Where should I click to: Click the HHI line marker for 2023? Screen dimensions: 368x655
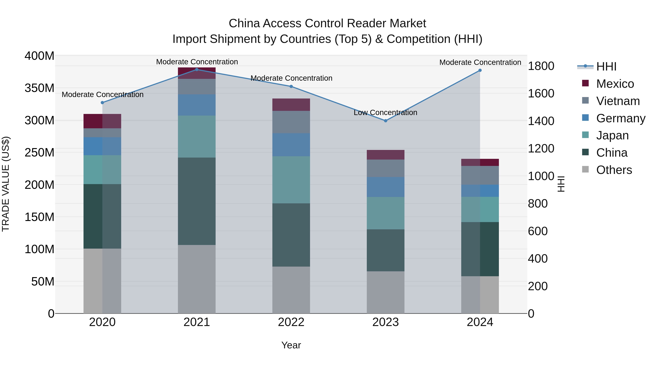click(386, 121)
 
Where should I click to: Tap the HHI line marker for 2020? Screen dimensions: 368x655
click(102, 103)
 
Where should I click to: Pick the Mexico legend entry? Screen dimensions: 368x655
click(615, 84)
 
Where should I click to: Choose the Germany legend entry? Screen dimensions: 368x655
click(620, 118)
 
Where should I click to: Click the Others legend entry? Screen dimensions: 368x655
click(614, 170)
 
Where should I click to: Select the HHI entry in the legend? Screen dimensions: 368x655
click(606, 67)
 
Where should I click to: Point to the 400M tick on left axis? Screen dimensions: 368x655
click(39, 56)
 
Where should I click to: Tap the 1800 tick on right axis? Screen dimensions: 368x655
click(541, 66)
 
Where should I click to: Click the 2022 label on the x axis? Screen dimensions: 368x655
click(291, 322)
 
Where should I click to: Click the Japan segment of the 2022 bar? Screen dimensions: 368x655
click(291, 180)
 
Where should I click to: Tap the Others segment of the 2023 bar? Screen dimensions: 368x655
click(386, 292)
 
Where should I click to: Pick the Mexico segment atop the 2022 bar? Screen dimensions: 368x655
click(291, 105)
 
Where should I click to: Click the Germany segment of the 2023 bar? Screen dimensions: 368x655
click(386, 187)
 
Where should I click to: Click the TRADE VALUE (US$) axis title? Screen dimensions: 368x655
click(6, 184)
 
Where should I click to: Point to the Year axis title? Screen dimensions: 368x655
click(291, 345)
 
